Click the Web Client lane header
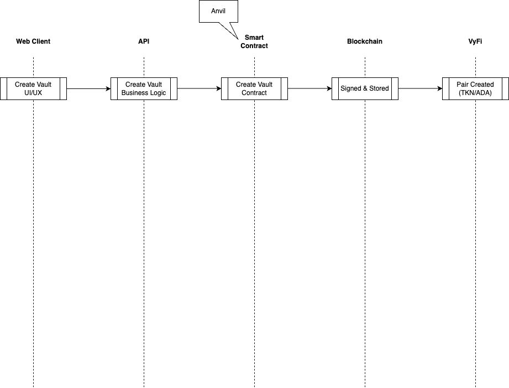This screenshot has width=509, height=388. coord(33,41)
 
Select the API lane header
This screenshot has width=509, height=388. coord(144,41)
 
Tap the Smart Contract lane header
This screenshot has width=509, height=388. coord(254,41)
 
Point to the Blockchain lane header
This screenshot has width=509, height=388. coord(365,41)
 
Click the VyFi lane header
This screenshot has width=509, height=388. coord(475,41)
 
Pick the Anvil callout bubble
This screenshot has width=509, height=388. coord(218,12)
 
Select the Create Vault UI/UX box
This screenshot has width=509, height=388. coord(33,88)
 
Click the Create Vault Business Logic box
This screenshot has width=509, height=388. coord(144,88)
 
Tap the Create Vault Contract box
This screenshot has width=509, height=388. coord(254,88)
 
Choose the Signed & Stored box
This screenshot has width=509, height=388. coord(365,88)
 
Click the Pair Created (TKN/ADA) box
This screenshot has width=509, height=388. coord(475,88)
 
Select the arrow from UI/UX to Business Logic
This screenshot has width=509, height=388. coord(88,88)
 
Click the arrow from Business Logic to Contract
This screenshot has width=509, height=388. coord(199,88)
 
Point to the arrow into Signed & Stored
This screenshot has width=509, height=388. coord(309,88)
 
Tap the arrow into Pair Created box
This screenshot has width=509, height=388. coord(420,88)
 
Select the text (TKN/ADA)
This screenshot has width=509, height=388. coord(475,92)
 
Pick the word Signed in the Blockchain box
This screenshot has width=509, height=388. coord(350,88)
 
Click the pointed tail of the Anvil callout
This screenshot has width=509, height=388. coord(238,39)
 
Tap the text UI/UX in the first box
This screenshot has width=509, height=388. coord(33,92)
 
